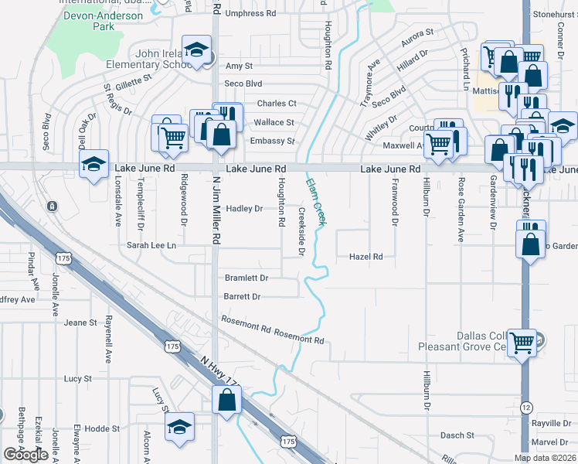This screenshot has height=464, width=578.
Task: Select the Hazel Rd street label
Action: coord(366,257)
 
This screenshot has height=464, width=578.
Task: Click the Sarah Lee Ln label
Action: coord(152,245)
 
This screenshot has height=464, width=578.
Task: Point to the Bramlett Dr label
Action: coord(246,278)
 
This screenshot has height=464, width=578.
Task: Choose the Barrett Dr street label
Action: coord(243,296)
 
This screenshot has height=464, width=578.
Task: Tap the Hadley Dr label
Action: coord(244,209)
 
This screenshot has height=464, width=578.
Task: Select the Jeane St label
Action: coord(80,322)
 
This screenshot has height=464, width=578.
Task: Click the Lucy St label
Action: coord(78,379)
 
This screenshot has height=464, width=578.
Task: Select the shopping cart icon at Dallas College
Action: coord(522,340)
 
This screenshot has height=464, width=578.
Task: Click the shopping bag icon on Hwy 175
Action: coord(226,400)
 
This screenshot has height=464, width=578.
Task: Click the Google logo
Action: coord(25,455)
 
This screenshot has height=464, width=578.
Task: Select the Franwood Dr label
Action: coord(394,200)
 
